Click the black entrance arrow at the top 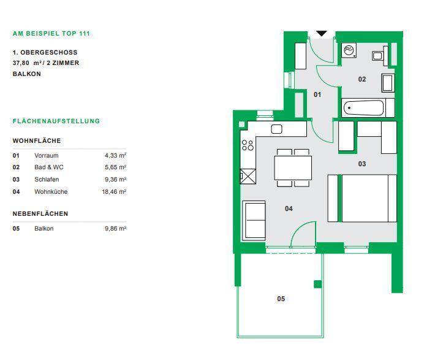(x=322, y=34)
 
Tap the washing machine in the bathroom (x=349, y=50)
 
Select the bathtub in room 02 (x=364, y=108)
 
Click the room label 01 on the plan (x=317, y=94)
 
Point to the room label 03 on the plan (x=362, y=164)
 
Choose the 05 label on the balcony (x=281, y=299)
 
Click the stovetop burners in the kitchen (x=248, y=145)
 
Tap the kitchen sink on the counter (x=276, y=129)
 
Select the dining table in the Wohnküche (x=293, y=167)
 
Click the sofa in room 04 (x=254, y=220)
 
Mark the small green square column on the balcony (x=318, y=284)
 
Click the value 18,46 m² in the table (x=114, y=191)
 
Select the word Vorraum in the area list (x=46, y=155)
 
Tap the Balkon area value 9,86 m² (x=115, y=229)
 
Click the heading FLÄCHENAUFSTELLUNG (x=56, y=121)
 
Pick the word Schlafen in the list (x=47, y=179)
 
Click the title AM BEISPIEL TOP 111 (x=51, y=34)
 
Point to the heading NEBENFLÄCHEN (x=40, y=213)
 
